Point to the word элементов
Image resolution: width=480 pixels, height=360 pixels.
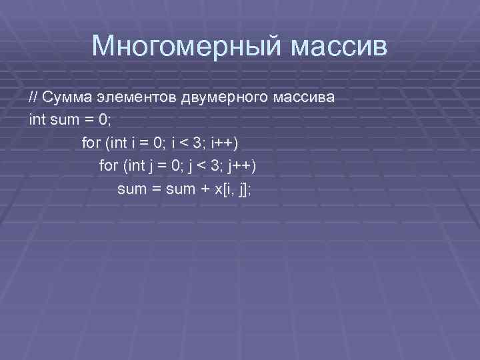136,97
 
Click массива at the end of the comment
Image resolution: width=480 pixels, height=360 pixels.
304,97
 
